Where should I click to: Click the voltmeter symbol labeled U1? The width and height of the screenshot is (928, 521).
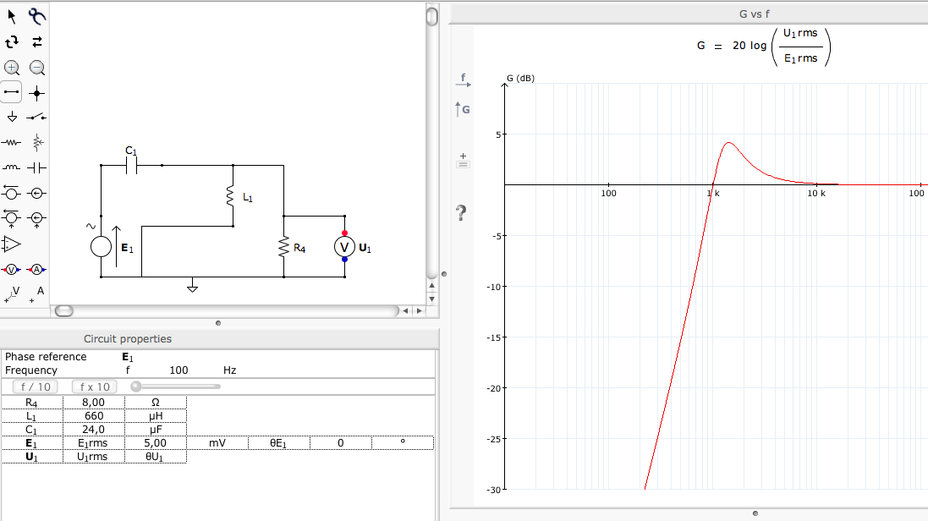pos(344,247)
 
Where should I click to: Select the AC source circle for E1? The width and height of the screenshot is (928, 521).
pos(102,246)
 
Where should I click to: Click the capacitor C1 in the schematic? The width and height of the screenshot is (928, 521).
pos(131,166)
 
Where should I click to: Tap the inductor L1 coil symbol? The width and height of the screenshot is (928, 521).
pos(230,196)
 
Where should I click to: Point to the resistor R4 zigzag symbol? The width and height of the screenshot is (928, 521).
pos(284,248)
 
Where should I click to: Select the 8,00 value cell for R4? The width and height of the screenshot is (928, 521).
pos(94,403)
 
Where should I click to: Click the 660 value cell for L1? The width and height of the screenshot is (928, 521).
pos(94,416)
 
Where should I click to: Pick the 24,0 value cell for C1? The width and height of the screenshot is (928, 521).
pos(94,430)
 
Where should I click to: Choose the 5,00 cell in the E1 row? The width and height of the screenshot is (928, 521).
pos(155,443)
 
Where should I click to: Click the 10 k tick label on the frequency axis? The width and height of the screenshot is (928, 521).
pos(816,194)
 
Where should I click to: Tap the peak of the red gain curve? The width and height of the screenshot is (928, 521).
pos(728,143)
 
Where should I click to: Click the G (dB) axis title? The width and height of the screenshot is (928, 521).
pos(520,78)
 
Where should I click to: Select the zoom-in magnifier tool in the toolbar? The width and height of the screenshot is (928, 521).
pos(12,68)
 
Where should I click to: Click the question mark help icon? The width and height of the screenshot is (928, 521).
pos(461,212)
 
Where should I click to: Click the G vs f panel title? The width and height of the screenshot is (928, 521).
pos(754,14)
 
